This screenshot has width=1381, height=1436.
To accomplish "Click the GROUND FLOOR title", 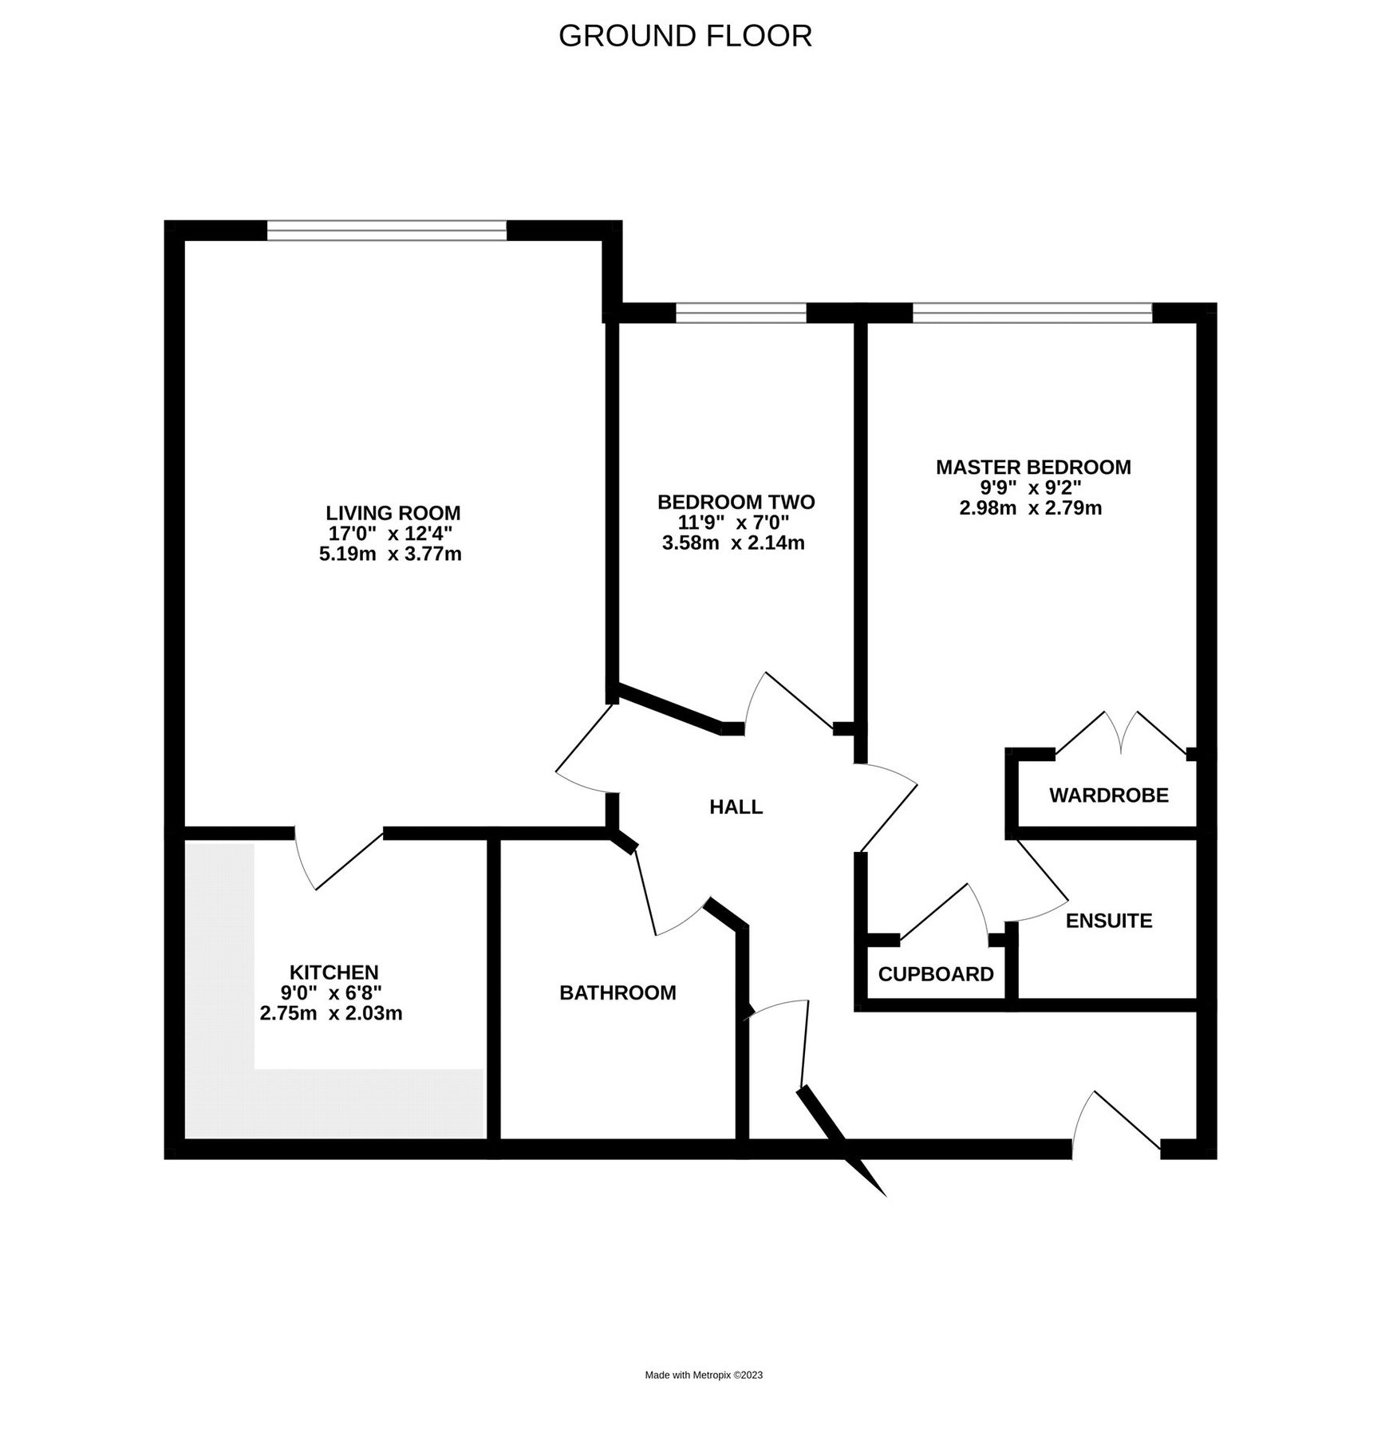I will [x=685, y=37].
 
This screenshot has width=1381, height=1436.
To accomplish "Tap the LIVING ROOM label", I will [x=393, y=513].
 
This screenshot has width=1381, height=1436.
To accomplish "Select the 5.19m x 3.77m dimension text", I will [x=390, y=554].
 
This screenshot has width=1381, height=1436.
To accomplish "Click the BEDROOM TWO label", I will [x=736, y=502].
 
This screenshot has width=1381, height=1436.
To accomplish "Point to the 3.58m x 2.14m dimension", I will [x=733, y=543].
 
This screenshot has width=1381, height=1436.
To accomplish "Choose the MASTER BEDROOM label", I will [x=1032, y=467].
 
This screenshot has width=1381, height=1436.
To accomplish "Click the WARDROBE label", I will [x=1108, y=795].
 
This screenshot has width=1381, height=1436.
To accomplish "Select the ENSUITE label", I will [x=1108, y=921].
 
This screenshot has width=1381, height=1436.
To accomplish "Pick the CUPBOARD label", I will [x=935, y=974].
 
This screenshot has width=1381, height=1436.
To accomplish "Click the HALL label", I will [x=736, y=807].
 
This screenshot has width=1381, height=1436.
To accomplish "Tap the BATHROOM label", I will [x=618, y=992].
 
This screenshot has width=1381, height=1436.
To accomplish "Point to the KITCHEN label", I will [x=333, y=972].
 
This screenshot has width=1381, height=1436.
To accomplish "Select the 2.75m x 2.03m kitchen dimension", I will [x=330, y=1014].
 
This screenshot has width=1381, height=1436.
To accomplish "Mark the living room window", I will [x=386, y=231].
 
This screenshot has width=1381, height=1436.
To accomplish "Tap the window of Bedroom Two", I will [x=741, y=313].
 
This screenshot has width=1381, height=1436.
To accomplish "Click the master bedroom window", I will [x=1032, y=313].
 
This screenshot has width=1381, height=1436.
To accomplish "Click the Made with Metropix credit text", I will [x=704, y=1375].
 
